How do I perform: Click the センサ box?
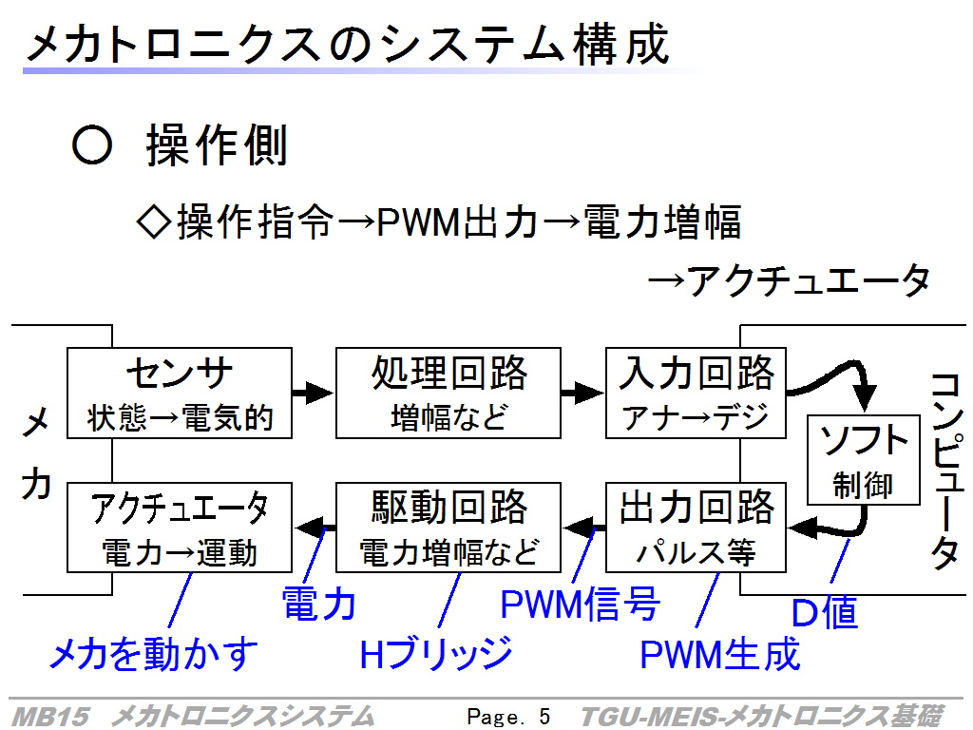click(x=180, y=393)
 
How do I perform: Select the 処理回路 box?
click(x=448, y=393)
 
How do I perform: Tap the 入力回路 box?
click(x=696, y=393)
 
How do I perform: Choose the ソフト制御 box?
click(x=863, y=460)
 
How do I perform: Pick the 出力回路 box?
click(x=696, y=528)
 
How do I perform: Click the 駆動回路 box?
click(x=448, y=528)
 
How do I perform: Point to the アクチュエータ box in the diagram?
click(x=180, y=528)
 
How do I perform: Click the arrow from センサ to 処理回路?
click(x=314, y=393)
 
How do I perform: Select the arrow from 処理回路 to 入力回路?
click(x=582, y=393)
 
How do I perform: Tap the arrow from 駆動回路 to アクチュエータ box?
click(x=315, y=528)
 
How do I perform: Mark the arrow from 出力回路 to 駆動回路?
click(x=584, y=528)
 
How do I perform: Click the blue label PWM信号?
click(x=581, y=604)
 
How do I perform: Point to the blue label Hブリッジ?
click(x=436, y=654)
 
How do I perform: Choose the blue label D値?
click(x=825, y=613)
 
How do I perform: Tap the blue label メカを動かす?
click(x=153, y=654)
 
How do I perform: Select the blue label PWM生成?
click(x=720, y=654)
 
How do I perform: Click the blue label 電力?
click(x=319, y=604)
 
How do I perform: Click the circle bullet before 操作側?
click(x=92, y=145)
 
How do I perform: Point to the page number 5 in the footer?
click(x=544, y=717)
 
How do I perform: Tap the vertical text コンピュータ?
click(x=947, y=471)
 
